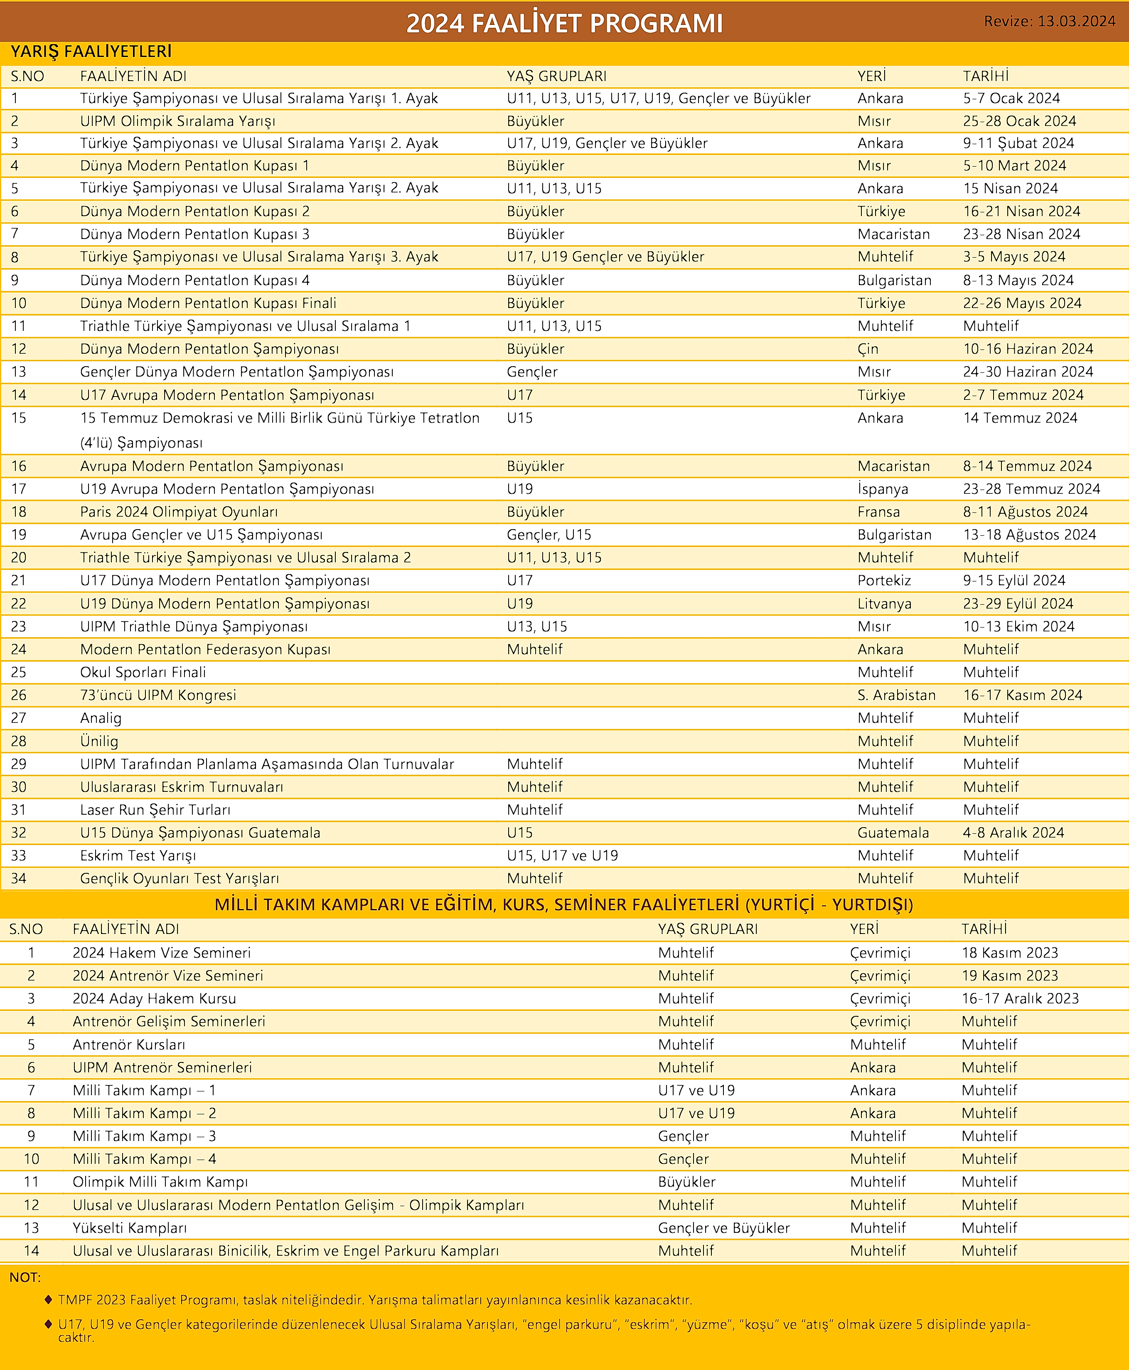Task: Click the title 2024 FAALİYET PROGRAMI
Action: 564,23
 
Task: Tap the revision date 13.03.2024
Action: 1076,22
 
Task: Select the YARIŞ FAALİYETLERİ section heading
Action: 91,52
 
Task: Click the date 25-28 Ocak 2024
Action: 1019,121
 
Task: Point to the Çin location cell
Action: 868,349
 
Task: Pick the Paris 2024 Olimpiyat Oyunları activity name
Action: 179,512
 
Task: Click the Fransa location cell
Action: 878,512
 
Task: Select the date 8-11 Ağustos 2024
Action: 1025,512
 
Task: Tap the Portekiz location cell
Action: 884,580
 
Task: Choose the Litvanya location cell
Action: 884,604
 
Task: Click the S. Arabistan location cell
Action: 896,695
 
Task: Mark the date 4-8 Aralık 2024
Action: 1013,833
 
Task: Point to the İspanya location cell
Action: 883,489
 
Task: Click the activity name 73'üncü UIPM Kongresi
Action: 158,695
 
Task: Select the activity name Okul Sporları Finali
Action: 143,672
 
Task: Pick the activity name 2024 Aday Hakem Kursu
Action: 154,998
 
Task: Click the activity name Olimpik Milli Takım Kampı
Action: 160,1182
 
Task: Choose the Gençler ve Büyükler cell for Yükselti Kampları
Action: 723,1227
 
